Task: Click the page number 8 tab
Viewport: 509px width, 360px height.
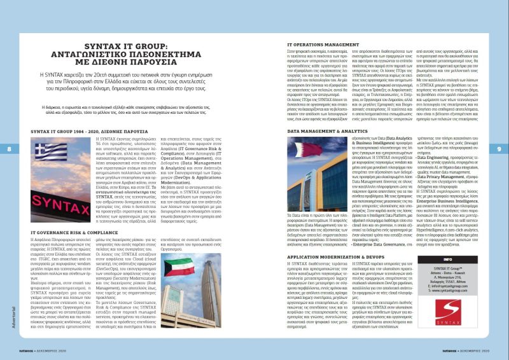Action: [x=8, y=148]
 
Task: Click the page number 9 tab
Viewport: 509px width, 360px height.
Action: [x=499, y=148]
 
